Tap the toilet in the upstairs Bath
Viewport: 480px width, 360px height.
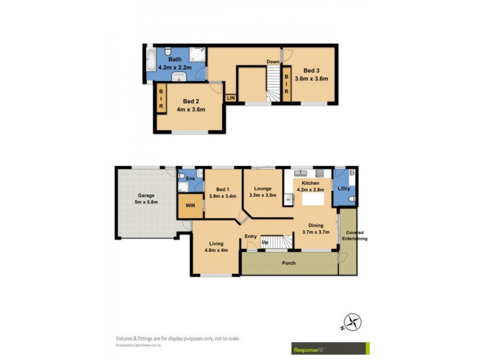(169, 51)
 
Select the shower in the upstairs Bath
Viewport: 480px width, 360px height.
(197, 55)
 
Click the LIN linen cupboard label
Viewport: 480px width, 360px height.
(230, 97)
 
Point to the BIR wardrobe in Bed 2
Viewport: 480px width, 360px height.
(161, 97)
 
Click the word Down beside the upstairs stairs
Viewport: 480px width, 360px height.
(273, 61)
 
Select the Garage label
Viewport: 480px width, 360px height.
(146, 195)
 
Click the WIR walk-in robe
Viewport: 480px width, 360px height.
(190, 205)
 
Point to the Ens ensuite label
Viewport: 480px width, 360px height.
(191, 179)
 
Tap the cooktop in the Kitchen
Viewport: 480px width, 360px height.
(320, 173)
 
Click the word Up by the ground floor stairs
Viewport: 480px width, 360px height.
(265, 242)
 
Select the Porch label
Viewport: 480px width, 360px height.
(289, 263)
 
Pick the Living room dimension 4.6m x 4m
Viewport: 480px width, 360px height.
(215, 251)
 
